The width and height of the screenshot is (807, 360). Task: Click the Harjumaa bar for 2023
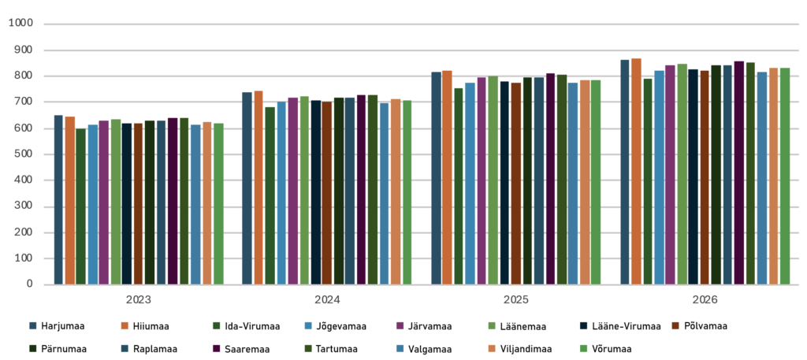pos(58,199)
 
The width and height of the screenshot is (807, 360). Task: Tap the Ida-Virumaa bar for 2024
pos(270,195)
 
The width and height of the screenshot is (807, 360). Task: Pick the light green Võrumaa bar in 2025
pos(596,182)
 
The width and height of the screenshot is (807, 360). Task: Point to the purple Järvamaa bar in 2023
pos(103,202)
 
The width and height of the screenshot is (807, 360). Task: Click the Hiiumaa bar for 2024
pos(258,187)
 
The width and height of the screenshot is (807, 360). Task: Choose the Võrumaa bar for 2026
pos(785,176)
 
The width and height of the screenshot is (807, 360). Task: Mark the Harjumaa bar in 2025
pos(436,178)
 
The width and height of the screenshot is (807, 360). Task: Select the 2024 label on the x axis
pos(327,300)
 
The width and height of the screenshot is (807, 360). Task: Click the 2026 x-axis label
pos(705,300)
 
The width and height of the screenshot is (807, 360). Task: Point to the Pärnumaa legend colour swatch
pos(33,349)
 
